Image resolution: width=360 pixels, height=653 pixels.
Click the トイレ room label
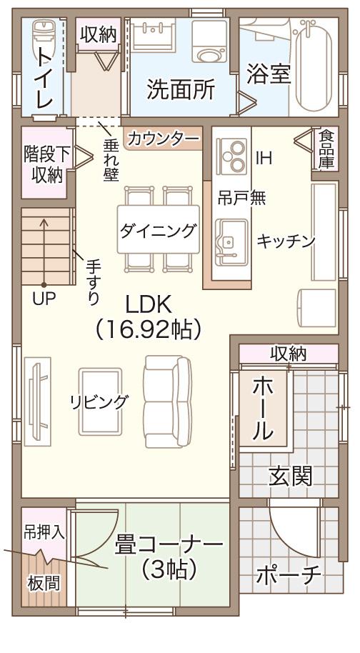click(x=44, y=79)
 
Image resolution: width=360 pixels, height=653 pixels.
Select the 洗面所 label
click(x=181, y=90)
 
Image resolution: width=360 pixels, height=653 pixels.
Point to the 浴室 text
click(x=269, y=74)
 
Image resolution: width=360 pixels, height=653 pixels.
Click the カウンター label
click(x=163, y=139)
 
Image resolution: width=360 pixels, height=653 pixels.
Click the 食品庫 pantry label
click(x=326, y=149)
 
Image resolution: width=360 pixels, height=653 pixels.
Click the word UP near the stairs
click(x=44, y=299)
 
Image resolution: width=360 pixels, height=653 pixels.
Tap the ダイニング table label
click(x=157, y=230)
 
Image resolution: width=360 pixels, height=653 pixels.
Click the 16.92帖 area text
click(x=149, y=328)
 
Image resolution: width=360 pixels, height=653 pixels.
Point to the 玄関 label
click(x=291, y=476)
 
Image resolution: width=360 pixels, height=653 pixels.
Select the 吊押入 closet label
click(x=44, y=532)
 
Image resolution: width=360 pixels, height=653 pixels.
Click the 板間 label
click(x=44, y=583)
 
